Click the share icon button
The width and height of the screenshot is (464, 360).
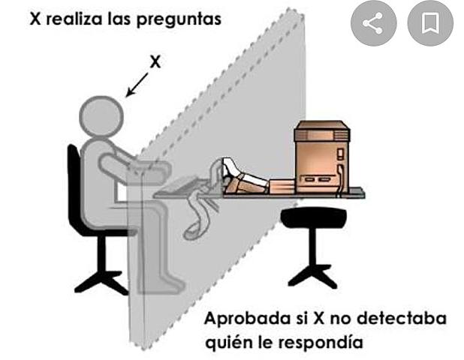point(373,23)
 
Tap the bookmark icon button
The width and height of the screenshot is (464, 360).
point(430,23)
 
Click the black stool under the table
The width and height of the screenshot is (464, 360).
point(314,247)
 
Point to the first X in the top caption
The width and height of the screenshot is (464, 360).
point(35,19)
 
